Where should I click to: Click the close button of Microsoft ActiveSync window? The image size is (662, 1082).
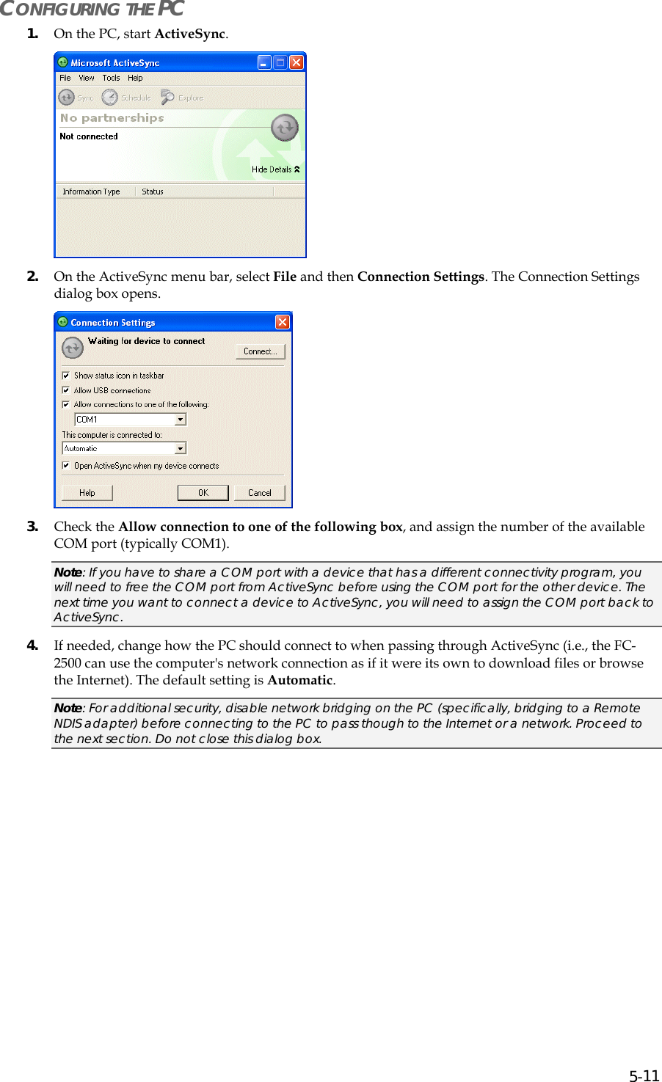click(x=297, y=62)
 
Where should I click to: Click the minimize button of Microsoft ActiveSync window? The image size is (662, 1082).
click(x=264, y=62)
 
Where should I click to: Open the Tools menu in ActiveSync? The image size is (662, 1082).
click(x=111, y=78)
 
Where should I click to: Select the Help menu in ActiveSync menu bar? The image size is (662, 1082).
click(x=135, y=78)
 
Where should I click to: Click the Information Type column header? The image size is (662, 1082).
click(x=92, y=191)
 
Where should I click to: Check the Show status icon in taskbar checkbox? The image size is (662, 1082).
click(x=66, y=376)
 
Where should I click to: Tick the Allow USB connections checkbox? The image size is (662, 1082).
click(x=66, y=390)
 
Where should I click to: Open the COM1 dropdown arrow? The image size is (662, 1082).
click(x=181, y=420)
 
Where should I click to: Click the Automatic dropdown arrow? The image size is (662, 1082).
click(x=181, y=448)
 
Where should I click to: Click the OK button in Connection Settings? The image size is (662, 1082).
click(x=203, y=493)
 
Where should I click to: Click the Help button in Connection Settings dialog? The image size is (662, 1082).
click(x=87, y=493)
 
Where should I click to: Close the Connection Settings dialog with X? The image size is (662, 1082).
click(x=283, y=322)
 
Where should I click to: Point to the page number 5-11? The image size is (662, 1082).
click(x=644, y=1076)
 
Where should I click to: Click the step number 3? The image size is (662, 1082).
click(x=32, y=526)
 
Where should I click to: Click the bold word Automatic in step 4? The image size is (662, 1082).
click(x=300, y=680)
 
